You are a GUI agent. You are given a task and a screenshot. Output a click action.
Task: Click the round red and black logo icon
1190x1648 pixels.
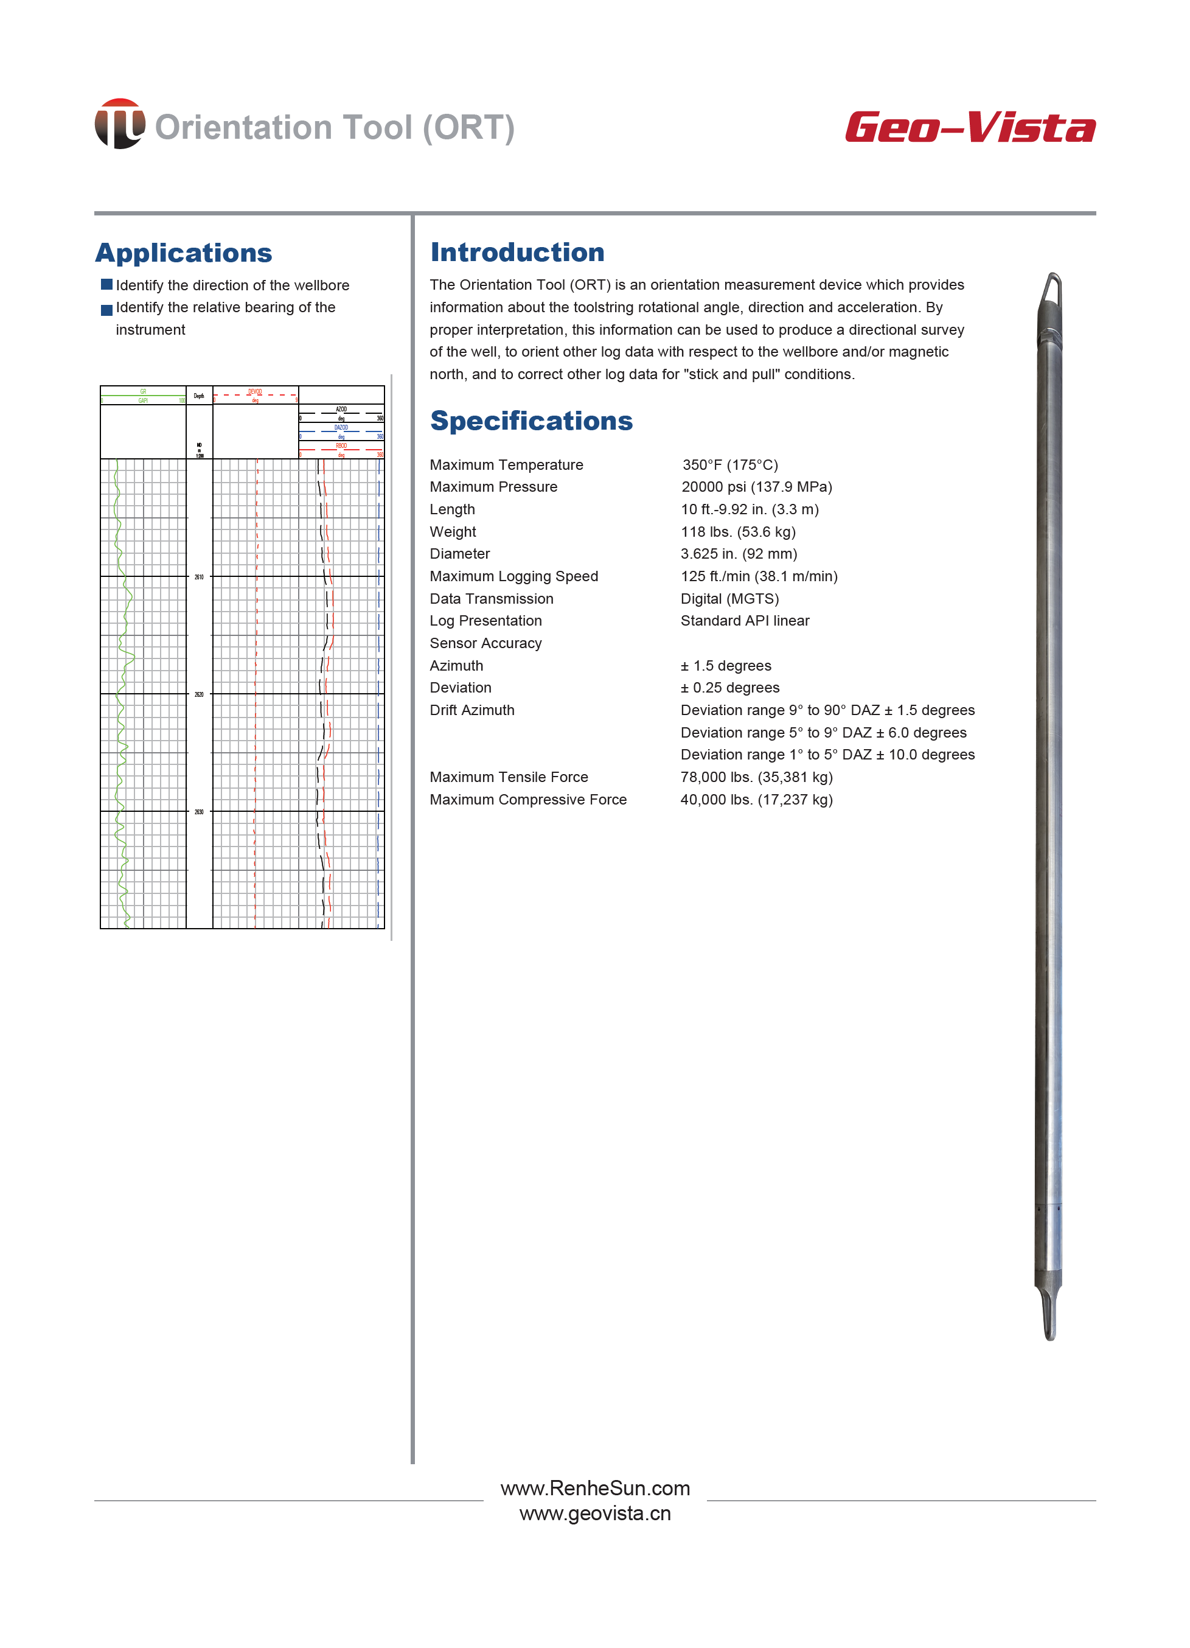click(119, 124)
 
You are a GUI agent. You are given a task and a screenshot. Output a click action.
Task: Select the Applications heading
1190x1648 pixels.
click(184, 253)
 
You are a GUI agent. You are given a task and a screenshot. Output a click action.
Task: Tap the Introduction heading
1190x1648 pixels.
click(517, 252)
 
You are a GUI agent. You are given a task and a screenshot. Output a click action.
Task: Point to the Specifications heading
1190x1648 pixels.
click(531, 421)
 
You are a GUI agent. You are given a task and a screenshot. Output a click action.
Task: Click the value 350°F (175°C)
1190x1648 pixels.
click(729, 465)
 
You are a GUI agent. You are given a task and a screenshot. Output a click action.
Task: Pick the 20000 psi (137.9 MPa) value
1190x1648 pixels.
click(756, 487)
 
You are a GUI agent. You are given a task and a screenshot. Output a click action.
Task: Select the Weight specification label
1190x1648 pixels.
click(453, 532)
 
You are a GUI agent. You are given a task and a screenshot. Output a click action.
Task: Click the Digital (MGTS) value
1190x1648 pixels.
click(729, 599)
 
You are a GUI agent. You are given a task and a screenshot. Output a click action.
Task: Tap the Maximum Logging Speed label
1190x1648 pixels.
click(513, 576)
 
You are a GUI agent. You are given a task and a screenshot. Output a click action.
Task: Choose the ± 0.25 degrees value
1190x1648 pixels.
click(729, 688)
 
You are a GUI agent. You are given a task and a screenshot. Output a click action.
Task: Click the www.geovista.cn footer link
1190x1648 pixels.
click(595, 1514)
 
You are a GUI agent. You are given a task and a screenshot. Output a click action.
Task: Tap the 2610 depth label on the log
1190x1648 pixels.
click(199, 577)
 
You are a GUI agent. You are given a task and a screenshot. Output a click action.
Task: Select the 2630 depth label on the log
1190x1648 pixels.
click(199, 812)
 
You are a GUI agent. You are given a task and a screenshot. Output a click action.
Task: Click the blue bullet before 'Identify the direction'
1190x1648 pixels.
click(107, 284)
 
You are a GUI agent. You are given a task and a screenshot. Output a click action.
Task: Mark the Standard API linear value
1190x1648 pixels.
click(745, 621)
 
